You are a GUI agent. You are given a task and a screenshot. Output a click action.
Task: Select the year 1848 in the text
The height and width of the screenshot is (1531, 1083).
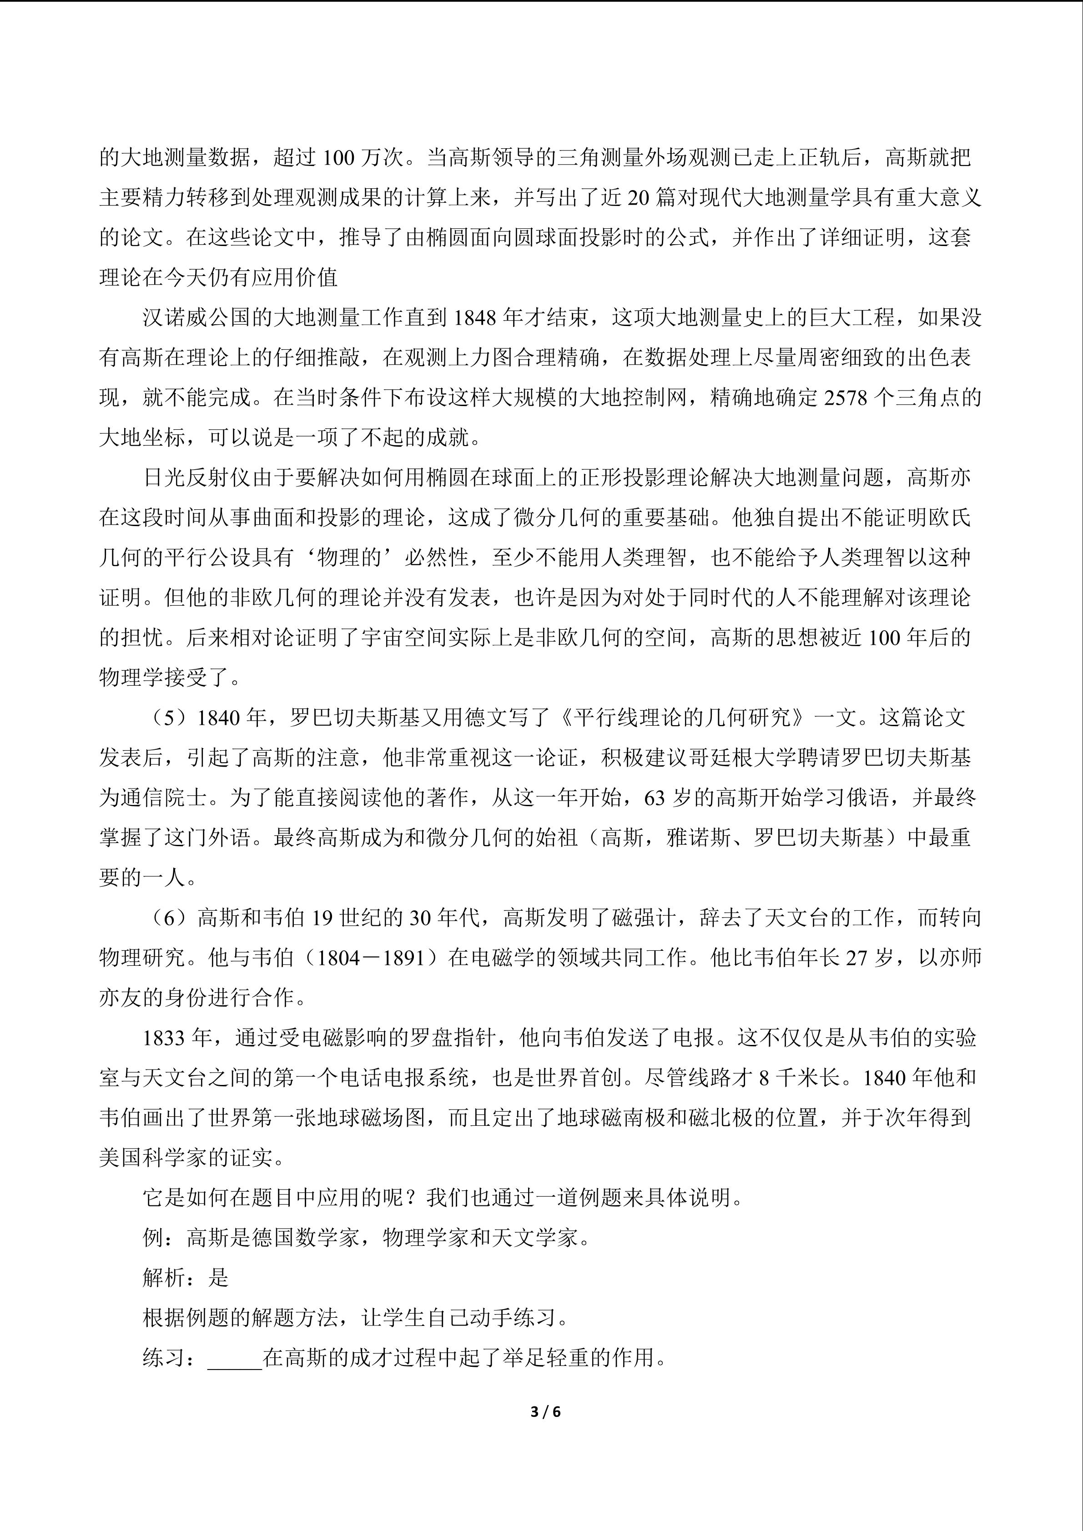tap(475, 318)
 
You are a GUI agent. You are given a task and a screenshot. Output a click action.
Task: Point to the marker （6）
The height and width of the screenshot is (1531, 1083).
tap(170, 918)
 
